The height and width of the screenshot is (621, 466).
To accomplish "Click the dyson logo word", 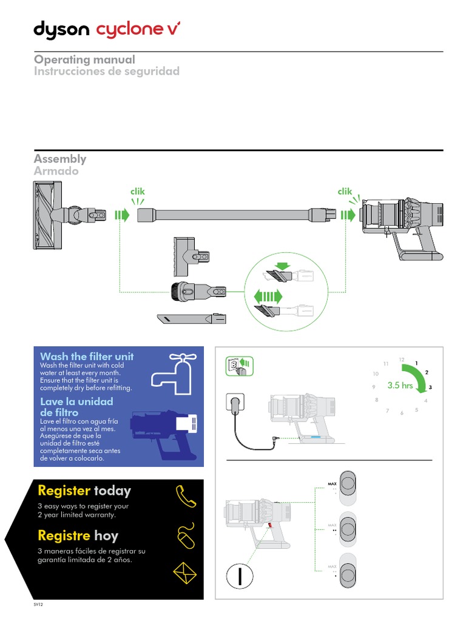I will tap(61, 30).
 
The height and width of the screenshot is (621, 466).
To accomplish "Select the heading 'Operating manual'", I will tap(84, 59).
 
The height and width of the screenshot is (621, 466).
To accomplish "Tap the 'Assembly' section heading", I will tap(60, 159).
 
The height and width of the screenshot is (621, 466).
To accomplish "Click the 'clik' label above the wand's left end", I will tap(138, 192).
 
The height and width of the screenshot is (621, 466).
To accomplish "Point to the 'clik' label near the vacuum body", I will tap(345, 192).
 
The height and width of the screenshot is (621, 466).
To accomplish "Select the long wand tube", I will tap(231, 215).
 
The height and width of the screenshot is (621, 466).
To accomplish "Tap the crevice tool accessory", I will tap(191, 318).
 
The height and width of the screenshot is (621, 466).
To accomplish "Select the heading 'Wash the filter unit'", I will tap(87, 356).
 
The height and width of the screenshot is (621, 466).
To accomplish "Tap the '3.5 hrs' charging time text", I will tap(400, 385).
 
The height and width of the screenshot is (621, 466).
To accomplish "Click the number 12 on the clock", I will tap(401, 360).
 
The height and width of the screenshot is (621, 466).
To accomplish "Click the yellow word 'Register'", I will tap(64, 490).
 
